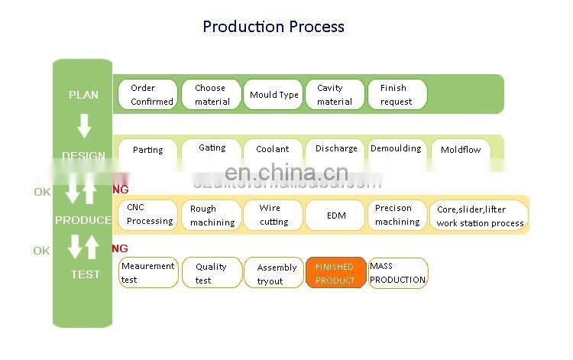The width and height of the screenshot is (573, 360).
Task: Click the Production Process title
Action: pos(274,27)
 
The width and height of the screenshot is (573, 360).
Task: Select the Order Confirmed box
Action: pos(148,95)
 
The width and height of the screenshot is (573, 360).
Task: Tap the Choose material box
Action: pos(211,95)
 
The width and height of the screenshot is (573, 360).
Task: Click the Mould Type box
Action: pos(274,95)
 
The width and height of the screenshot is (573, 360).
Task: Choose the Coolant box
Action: pos(273,150)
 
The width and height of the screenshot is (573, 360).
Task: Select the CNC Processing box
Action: pos(148,215)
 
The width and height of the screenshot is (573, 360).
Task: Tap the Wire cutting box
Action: pos(274,215)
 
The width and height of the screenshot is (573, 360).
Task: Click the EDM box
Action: pos(335,216)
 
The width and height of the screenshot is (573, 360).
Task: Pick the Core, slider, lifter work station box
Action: pos(480,216)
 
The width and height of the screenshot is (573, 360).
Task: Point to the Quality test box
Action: pos(211,274)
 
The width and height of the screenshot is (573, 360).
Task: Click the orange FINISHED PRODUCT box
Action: pos(335,274)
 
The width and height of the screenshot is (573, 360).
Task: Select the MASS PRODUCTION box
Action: pos(398,273)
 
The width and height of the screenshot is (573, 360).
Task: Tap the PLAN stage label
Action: pos(83,95)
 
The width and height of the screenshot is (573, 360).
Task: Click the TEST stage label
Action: pos(85,274)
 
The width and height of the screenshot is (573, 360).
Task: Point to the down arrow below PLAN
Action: pos(84,125)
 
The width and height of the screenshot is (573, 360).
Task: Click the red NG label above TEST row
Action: pos(120,248)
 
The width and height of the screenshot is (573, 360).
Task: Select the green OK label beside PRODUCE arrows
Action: pos(41,192)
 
